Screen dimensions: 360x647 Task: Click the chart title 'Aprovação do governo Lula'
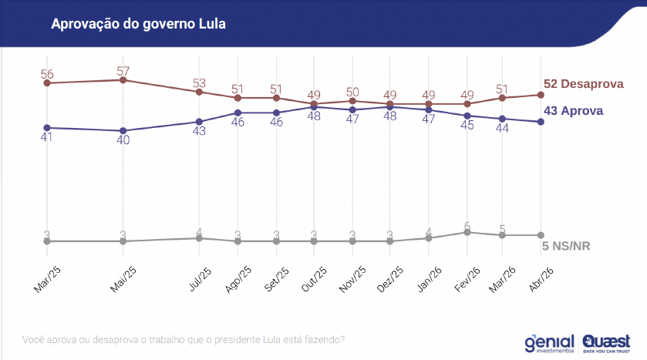click(x=138, y=24)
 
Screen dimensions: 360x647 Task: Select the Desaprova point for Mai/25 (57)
click(x=123, y=80)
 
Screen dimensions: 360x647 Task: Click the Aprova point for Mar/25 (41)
click(x=47, y=128)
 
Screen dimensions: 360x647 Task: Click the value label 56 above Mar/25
click(x=47, y=74)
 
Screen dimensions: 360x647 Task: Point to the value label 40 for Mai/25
click(x=123, y=140)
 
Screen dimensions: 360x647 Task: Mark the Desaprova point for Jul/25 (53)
click(x=199, y=92)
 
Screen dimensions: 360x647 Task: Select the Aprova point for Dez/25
click(x=390, y=107)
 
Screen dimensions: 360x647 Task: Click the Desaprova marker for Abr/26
click(x=541, y=95)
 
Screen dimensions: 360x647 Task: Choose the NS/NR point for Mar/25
click(x=47, y=241)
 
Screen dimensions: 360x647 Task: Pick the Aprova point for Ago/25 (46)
click(x=238, y=113)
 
